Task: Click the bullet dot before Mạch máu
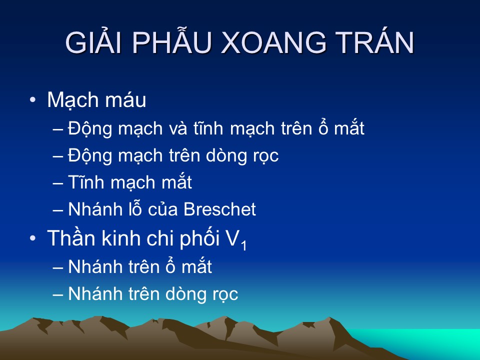pos(32,100)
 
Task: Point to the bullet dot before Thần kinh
pos(32,238)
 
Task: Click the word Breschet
pos(219,209)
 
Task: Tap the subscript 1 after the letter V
pos(243,245)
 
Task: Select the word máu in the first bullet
pos(126,100)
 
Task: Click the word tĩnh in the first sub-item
pos(208,127)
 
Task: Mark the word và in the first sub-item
pos(178,128)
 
